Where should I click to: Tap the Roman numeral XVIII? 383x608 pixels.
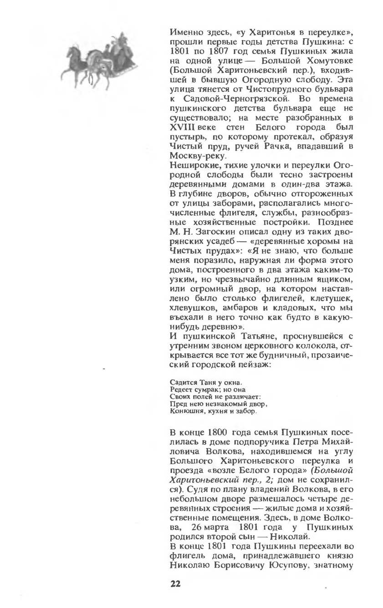pos(181,127)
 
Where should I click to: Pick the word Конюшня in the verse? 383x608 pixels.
pos(183,411)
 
